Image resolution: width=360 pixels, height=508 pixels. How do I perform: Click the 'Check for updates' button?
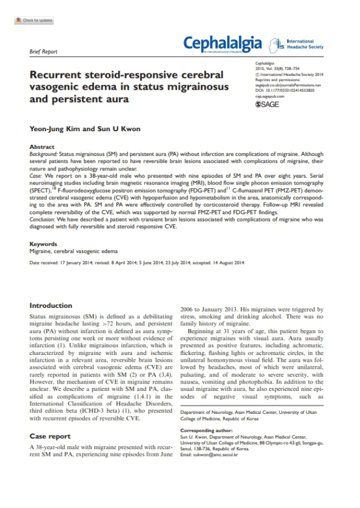pyautogui.click(x=34, y=21)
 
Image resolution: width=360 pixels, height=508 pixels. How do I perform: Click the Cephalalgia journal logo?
pyautogui.click(x=223, y=43)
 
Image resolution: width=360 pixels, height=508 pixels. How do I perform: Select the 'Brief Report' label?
pyautogui.click(x=43, y=52)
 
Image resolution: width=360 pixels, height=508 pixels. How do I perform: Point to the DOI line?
pyautogui.click(x=284, y=90)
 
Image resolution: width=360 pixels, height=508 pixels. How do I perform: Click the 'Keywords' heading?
pyautogui.click(x=43, y=244)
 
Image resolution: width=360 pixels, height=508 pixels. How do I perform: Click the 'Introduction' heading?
pyautogui.click(x=50, y=306)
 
